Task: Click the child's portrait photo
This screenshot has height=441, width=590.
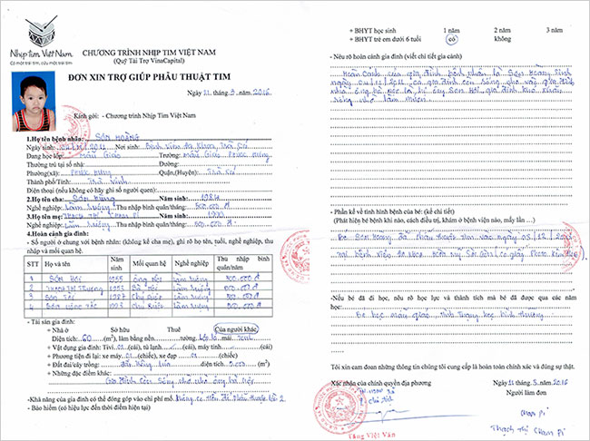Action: (34, 105)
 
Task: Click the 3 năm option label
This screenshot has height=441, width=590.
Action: (542, 30)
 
